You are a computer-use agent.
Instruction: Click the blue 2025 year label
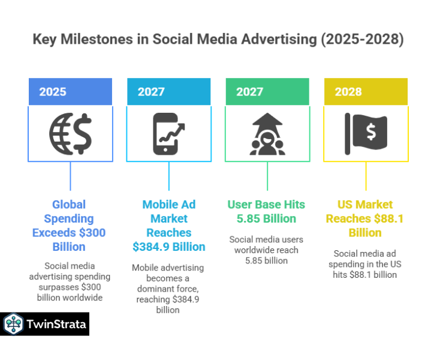click(53, 92)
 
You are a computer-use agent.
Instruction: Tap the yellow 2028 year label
click(348, 92)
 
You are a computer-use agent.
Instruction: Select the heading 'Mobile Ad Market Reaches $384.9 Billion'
click(168, 226)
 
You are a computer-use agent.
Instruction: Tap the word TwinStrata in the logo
click(56, 325)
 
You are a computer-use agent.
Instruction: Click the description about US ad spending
click(365, 264)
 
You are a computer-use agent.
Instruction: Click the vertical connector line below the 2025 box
click(70, 178)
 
